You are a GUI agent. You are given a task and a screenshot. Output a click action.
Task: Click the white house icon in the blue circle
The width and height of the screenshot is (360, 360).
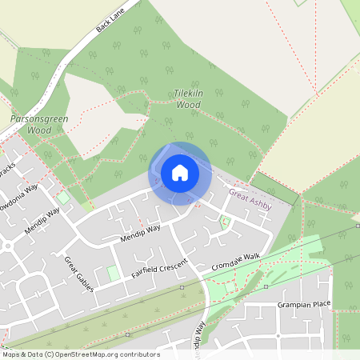179,172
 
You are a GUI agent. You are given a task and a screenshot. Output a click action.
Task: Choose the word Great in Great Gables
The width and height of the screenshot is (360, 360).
71,265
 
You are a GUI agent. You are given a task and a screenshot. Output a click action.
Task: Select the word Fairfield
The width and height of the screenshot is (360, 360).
147,270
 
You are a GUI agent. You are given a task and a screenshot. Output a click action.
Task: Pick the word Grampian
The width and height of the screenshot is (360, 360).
297,304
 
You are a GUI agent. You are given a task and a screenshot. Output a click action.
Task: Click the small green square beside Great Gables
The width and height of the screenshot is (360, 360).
114,274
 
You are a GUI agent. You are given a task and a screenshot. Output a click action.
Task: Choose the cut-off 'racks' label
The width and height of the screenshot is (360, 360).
7,171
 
